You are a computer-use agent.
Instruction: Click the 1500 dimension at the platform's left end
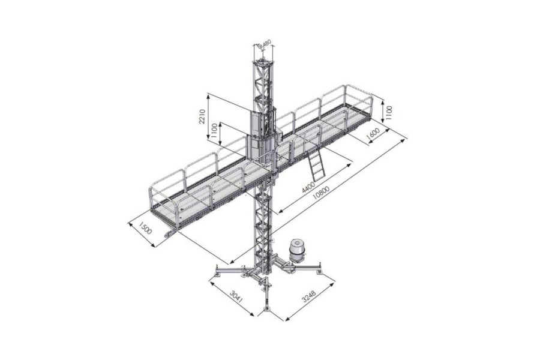(x=144, y=229)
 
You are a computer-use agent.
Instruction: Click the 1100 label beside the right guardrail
(x=389, y=112)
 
